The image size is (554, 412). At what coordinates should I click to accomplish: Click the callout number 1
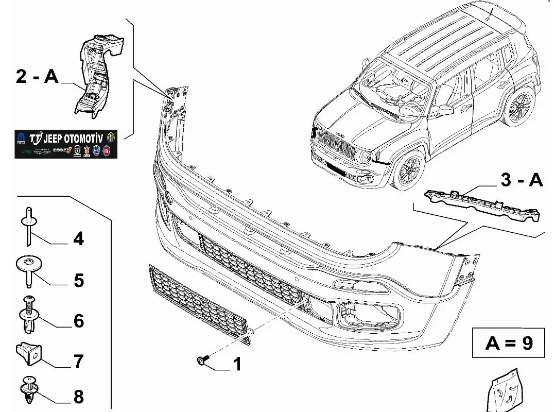pyautogui.click(x=237, y=365)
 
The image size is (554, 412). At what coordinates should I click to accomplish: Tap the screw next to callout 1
pyautogui.click(x=202, y=360)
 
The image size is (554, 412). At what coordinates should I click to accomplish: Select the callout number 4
pyautogui.click(x=78, y=239)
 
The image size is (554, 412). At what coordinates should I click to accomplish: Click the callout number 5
pyautogui.click(x=78, y=281)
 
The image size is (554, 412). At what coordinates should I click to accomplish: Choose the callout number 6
pyautogui.click(x=78, y=321)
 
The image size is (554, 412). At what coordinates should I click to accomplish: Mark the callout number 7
pyautogui.click(x=78, y=361)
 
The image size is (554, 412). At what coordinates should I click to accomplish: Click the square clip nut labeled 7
pyautogui.click(x=29, y=351)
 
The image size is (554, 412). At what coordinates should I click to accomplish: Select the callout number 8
pyautogui.click(x=78, y=397)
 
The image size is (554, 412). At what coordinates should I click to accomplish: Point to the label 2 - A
pyautogui.click(x=37, y=77)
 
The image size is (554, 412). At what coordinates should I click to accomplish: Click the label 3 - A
pyautogui.click(x=521, y=180)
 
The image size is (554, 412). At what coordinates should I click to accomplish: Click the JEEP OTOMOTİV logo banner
pyautogui.click(x=66, y=144)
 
